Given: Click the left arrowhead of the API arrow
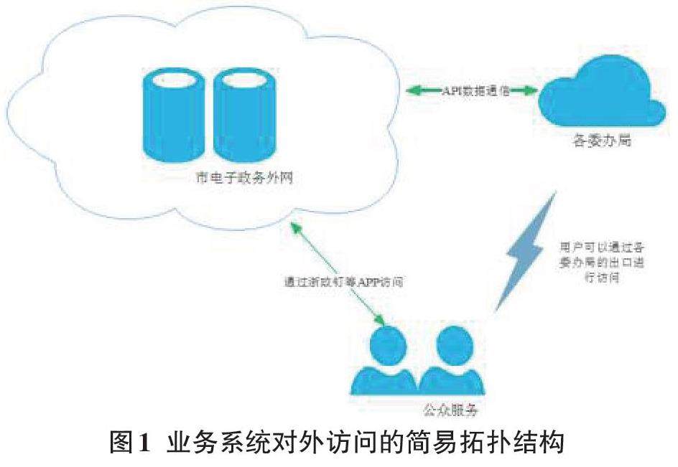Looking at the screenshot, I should [412, 92].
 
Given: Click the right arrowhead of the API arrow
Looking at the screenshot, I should [531, 92].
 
